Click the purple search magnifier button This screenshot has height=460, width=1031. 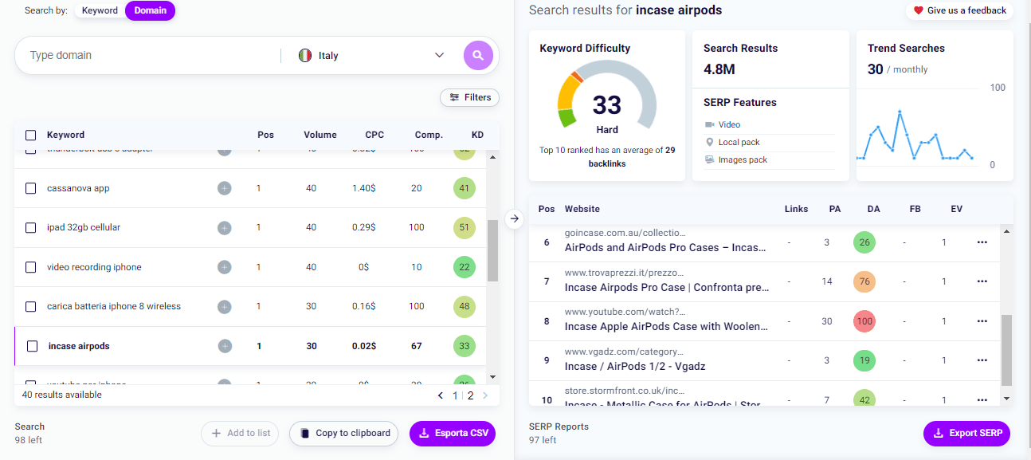pos(478,55)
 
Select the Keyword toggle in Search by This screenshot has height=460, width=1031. pos(100,10)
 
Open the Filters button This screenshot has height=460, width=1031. pos(469,97)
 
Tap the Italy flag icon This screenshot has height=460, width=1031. pos(304,56)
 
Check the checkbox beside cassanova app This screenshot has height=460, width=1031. pos(31,188)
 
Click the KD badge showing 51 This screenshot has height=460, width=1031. pos(462,228)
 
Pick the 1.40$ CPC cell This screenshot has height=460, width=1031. pos(363,188)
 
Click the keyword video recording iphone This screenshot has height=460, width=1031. pos(94,267)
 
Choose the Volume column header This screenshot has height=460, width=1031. pos(319,135)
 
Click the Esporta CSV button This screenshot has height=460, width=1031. pos(453,434)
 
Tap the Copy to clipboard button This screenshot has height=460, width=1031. pos(343,434)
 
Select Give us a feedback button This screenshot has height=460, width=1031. pos(959,10)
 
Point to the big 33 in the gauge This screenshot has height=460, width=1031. pos(607,104)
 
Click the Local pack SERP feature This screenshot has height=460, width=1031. pos(739,142)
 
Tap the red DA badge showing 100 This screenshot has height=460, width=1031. pos(864,321)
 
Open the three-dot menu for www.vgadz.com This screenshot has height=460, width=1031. pos(982,360)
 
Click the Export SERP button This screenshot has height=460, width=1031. pos(966,434)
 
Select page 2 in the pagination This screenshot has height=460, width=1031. pos(470,395)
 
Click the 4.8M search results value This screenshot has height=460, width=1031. pos(719,69)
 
